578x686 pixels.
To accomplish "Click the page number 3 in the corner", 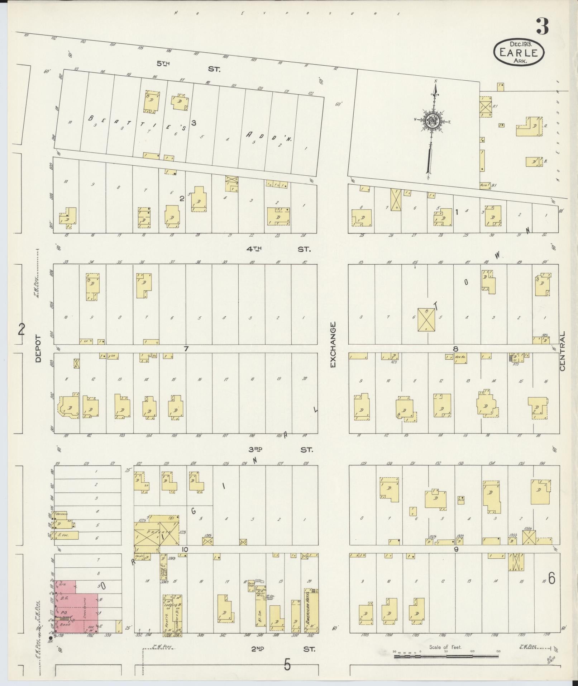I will pos(543,27).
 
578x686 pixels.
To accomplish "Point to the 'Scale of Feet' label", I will pos(445,647).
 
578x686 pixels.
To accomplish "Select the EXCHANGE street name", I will pos(333,344).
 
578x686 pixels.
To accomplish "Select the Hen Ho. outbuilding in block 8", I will pos(460,357).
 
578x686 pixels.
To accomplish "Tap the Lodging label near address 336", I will pos(168,605).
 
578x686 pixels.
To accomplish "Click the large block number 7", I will pos(186,349).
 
